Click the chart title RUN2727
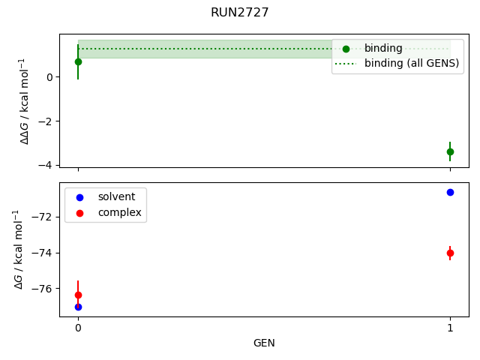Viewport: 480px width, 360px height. pyautogui.click(x=239, y=12)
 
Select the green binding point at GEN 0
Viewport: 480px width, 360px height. pyautogui.click(x=78, y=61)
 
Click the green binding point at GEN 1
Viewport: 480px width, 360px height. pyautogui.click(x=450, y=151)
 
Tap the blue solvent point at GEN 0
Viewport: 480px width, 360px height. pyautogui.click(x=78, y=307)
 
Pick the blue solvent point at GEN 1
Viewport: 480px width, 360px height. pyautogui.click(x=450, y=193)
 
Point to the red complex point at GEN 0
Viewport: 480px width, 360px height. pyautogui.click(x=78, y=295)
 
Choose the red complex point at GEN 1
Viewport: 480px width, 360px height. pyautogui.click(x=450, y=253)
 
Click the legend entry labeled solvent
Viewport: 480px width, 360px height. pyautogui.click(x=116, y=197)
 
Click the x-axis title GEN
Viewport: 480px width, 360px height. pyautogui.click(x=264, y=343)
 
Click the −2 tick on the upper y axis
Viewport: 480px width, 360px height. pyautogui.click(x=48, y=121)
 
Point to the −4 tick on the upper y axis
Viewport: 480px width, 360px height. pyautogui.click(x=48, y=165)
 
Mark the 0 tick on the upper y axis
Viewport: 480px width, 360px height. pyautogui.click(x=51, y=76)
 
